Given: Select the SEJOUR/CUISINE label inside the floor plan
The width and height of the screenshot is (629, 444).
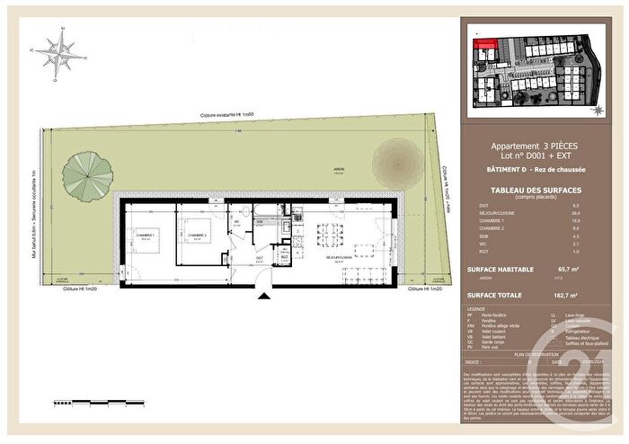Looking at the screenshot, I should pyautogui.click(x=340, y=254).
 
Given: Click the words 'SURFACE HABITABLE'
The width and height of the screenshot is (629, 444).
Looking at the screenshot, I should pyautogui.click(x=501, y=269).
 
